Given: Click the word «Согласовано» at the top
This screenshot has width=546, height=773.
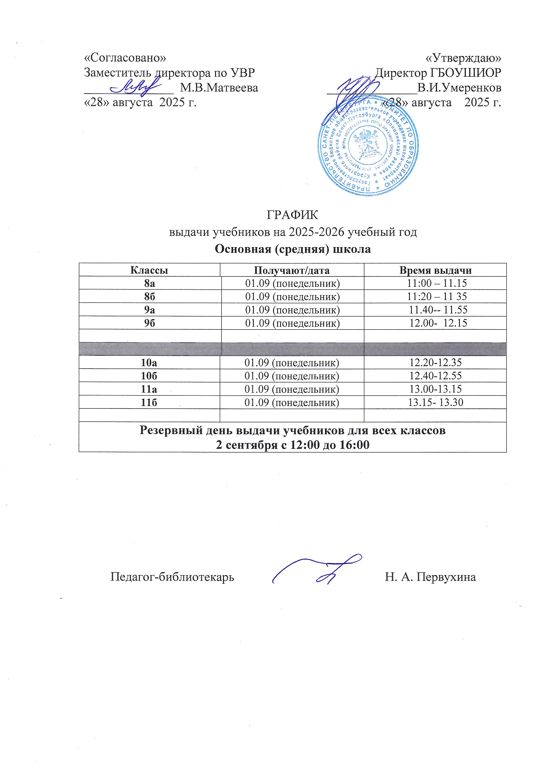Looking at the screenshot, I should click(125, 58).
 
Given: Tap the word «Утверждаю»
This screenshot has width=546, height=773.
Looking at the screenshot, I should click(463, 58).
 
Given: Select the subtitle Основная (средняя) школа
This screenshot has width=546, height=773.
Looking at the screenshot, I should click(293, 249).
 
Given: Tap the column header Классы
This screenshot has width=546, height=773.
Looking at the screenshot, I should click(149, 270).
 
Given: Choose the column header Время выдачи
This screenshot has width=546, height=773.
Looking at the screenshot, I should click(435, 270).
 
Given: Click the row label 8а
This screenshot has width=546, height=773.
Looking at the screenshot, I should click(150, 283).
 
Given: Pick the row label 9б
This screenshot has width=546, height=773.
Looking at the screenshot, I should click(150, 323).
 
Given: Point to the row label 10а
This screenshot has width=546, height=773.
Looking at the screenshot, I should click(149, 363).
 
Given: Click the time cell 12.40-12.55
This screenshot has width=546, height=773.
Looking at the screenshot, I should click(435, 376).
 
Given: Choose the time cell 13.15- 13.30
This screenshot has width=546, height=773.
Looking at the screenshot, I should click(435, 402).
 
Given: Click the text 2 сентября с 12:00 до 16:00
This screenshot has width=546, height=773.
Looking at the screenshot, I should click(293, 445).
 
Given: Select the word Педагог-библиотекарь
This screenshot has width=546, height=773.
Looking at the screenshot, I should click(172, 577).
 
